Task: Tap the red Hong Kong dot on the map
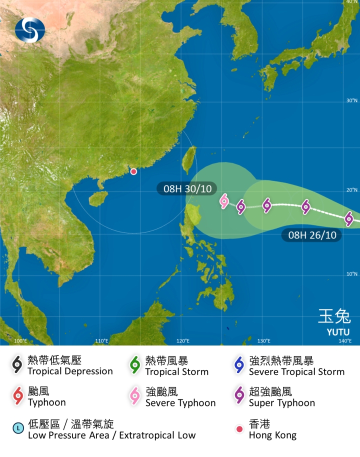(x=133, y=171)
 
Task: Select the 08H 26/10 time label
(x=308, y=234)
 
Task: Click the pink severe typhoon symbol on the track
(x=224, y=201)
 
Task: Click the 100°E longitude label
(x=20, y=341)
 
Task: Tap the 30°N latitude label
(x=352, y=100)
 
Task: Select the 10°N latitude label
(x=352, y=274)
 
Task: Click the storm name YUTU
(x=338, y=332)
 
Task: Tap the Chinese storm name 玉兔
(x=334, y=316)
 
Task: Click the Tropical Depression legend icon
(x=17, y=365)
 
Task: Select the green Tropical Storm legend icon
(x=134, y=365)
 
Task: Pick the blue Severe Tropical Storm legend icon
(x=238, y=365)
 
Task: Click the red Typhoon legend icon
(x=17, y=396)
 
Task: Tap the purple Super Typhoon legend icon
(x=238, y=396)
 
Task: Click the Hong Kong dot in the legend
(x=239, y=429)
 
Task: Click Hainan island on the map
(x=98, y=198)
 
